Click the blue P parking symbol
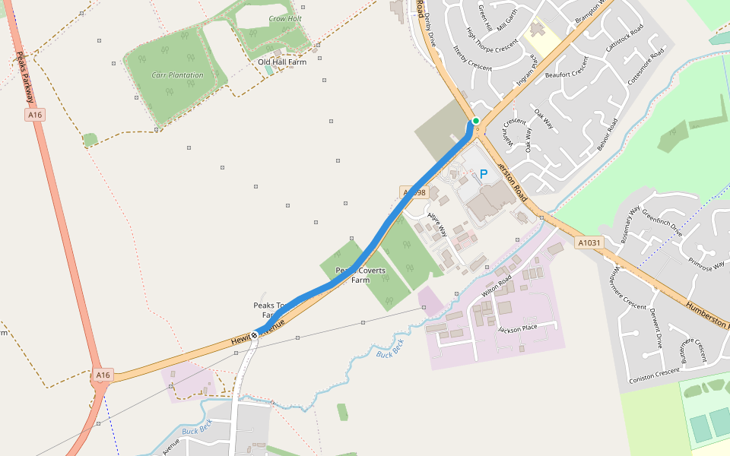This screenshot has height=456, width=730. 483,174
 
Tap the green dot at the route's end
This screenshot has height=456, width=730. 476,121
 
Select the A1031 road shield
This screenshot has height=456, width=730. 589,243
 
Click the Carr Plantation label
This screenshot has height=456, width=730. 177,75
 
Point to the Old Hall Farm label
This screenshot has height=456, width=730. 281,62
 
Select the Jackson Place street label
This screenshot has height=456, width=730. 517,328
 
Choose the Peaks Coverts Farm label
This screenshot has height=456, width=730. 360,275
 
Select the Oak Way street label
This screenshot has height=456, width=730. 544,119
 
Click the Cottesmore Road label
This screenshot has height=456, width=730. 646,67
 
